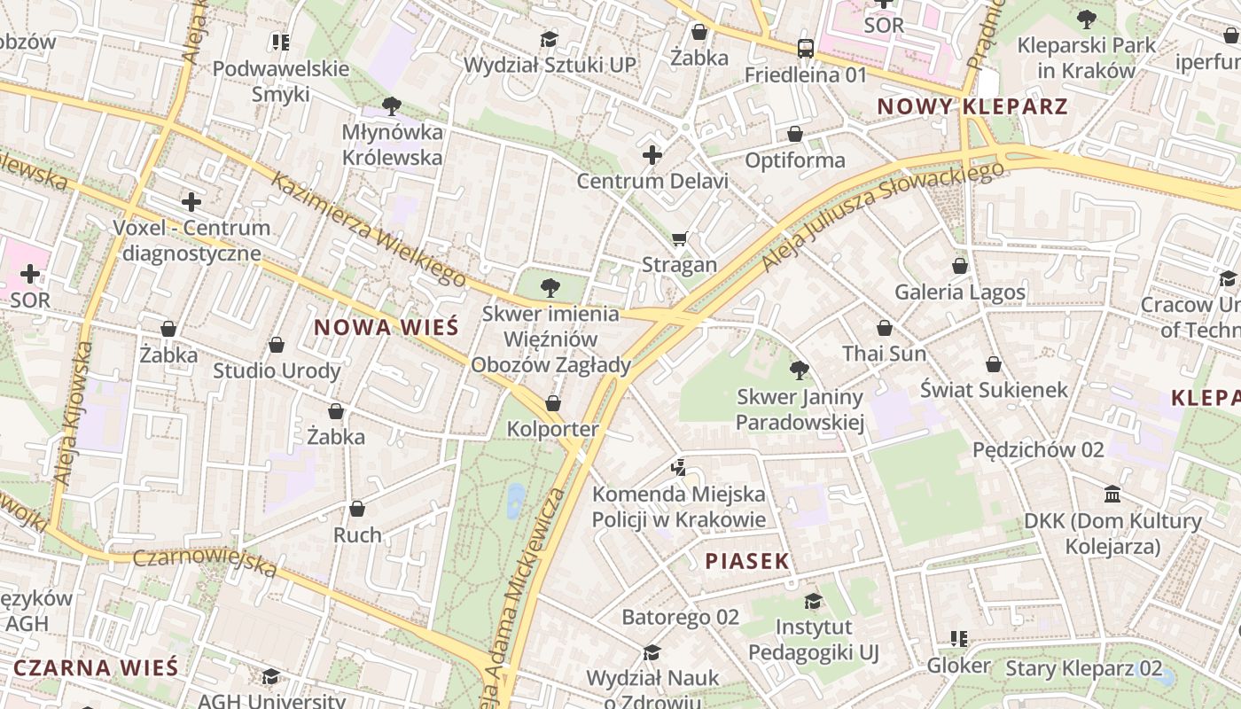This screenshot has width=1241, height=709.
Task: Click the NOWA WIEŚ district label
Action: (x=386, y=327)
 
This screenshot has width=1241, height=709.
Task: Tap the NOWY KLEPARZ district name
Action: (x=972, y=107)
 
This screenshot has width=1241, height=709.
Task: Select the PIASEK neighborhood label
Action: (x=747, y=560)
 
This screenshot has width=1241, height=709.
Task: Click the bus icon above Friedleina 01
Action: (x=805, y=49)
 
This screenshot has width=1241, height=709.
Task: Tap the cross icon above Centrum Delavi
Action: (x=652, y=156)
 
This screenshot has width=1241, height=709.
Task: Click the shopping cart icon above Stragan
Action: (x=680, y=238)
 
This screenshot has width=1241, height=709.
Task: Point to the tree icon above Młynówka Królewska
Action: (x=391, y=106)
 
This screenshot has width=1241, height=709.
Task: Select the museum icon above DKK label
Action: (x=1112, y=494)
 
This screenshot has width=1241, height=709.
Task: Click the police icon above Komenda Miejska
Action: (x=678, y=466)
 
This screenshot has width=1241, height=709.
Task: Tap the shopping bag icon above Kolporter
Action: (x=553, y=403)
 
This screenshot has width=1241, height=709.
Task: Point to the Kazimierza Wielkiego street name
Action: (x=369, y=230)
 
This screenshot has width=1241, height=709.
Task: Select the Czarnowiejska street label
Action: (x=205, y=563)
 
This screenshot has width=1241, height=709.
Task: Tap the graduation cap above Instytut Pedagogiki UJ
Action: (x=813, y=602)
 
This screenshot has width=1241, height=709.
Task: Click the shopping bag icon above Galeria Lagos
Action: (x=959, y=265)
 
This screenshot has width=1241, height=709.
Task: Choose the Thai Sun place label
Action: (x=884, y=354)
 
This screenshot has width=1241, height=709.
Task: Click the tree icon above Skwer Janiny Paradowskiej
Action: (x=799, y=370)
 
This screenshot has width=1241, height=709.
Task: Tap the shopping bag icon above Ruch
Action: (x=357, y=509)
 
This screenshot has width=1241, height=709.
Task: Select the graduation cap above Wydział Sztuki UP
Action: (x=550, y=39)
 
